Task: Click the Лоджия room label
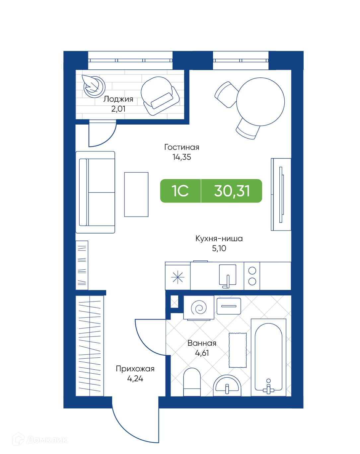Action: click(x=118, y=99)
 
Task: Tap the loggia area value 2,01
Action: click(x=118, y=109)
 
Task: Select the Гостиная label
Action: click(x=182, y=147)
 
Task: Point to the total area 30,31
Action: click(x=232, y=191)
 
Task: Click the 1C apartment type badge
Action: click(x=180, y=191)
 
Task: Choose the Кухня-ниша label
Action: click(x=219, y=238)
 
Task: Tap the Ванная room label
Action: click(x=202, y=343)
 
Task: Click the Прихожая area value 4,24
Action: click(x=135, y=379)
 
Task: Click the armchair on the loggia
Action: click(x=160, y=96)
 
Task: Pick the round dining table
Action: click(x=260, y=102)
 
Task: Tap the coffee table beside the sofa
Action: click(x=136, y=194)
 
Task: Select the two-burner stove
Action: click(x=252, y=276)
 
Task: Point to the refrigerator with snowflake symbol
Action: click(x=178, y=276)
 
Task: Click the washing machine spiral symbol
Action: click(x=199, y=308)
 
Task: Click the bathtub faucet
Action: click(x=268, y=386)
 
